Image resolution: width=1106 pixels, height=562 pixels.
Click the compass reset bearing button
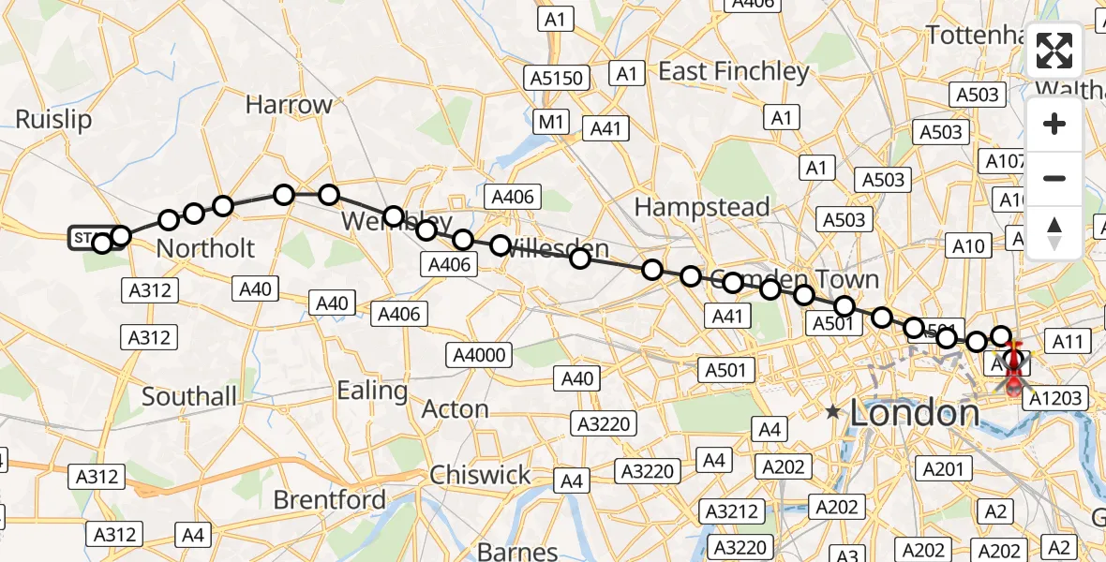point(1054,233)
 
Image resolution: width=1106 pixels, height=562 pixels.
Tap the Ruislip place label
point(54,120)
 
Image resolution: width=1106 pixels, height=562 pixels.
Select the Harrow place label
point(289,104)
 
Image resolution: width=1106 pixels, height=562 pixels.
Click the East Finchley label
point(733,71)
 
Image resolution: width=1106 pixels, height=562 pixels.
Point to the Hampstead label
point(702,206)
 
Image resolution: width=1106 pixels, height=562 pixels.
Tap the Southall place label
point(189,396)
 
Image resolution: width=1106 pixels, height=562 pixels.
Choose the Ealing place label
point(372,390)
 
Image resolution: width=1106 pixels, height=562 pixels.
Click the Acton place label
point(455,409)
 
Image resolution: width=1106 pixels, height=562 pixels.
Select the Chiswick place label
point(480,475)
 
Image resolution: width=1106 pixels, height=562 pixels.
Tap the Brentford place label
point(329,499)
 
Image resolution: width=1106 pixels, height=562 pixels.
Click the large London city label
point(914,414)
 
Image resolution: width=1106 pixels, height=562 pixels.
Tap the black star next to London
point(831,411)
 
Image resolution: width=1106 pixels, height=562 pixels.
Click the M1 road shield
point(551,121)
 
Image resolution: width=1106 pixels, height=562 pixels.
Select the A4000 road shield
point(480,355)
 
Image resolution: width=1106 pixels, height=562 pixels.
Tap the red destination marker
point(1015,379)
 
